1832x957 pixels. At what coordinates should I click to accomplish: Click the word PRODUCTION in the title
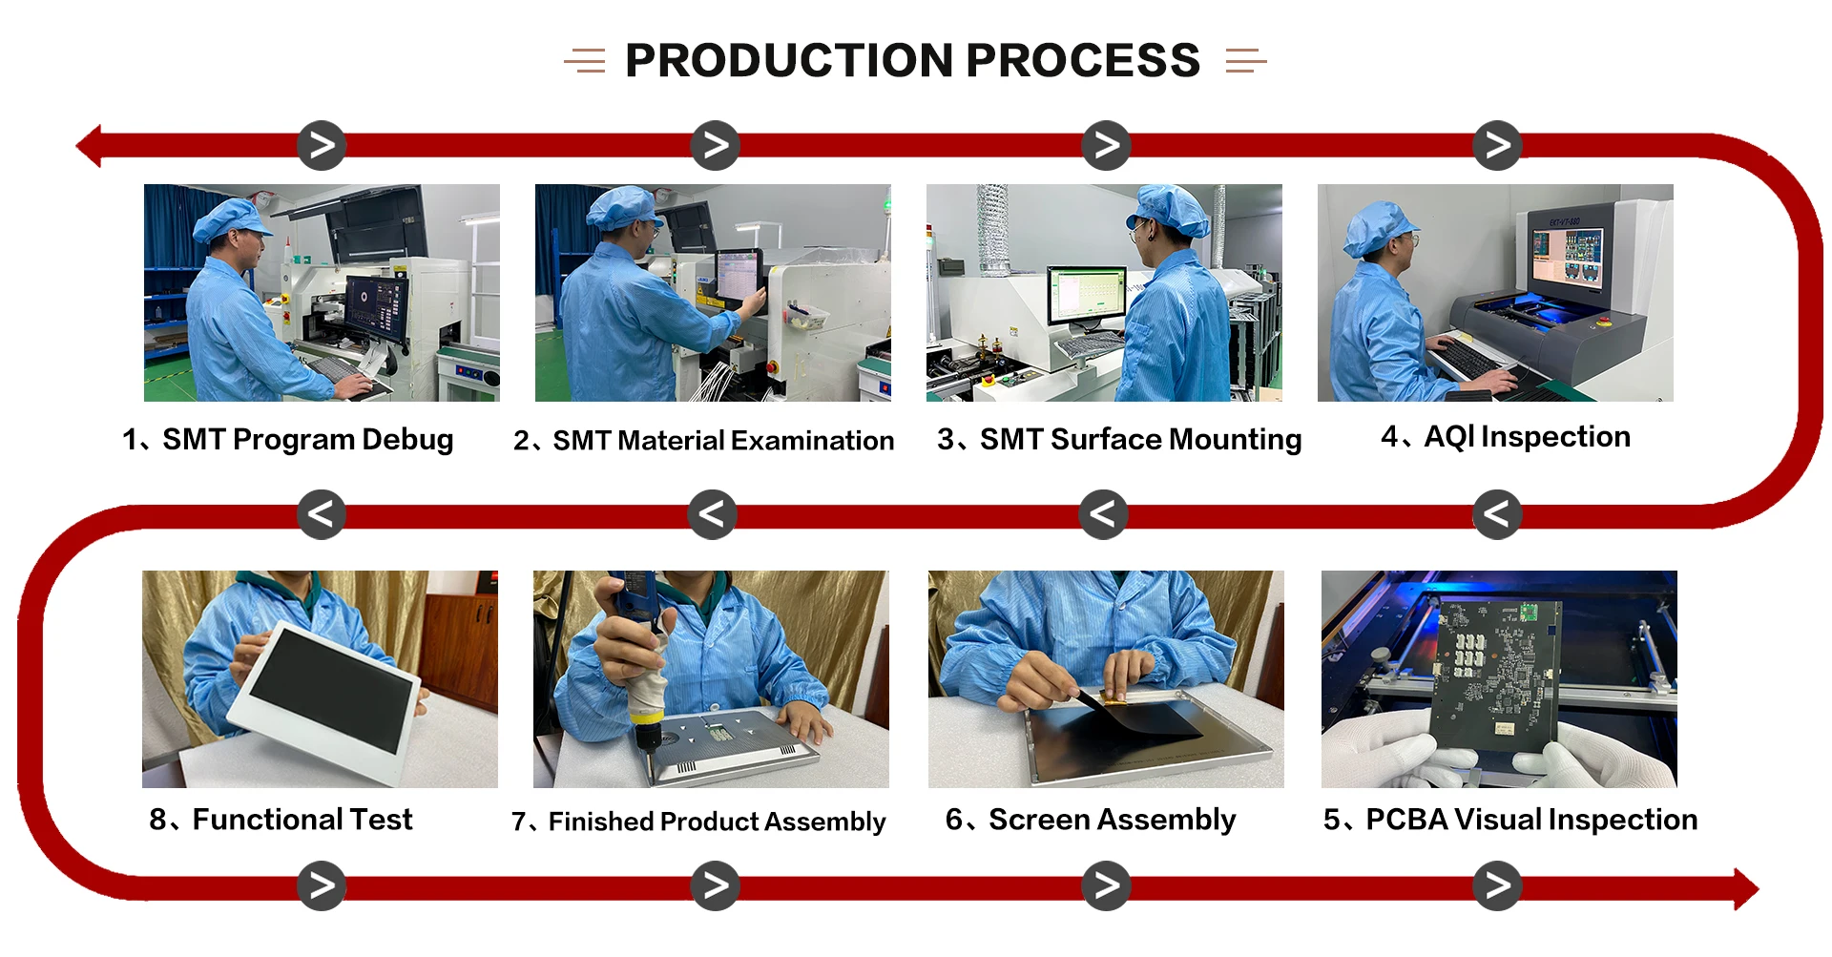[789, 61]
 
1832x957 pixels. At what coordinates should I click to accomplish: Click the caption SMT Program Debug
[307, 440]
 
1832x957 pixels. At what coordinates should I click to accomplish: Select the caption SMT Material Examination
[723, 441]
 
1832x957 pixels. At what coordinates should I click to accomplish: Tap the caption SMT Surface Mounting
[1140, 440]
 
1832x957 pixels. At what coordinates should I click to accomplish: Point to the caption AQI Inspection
[1527, 437]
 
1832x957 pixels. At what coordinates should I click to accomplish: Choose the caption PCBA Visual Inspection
[1531, 820]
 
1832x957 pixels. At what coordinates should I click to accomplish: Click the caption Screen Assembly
[1112, 820]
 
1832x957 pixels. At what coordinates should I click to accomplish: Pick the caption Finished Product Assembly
[717, 822]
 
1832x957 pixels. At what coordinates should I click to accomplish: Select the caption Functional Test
[302, 820]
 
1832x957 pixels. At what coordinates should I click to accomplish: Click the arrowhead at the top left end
[89, 146]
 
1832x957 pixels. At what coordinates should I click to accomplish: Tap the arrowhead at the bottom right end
[1746, 888]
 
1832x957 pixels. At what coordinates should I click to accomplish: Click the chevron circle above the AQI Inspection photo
[1497, 145]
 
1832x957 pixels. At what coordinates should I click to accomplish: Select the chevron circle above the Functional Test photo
[321, 514]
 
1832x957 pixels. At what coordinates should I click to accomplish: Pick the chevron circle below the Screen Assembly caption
[1106, 885]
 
